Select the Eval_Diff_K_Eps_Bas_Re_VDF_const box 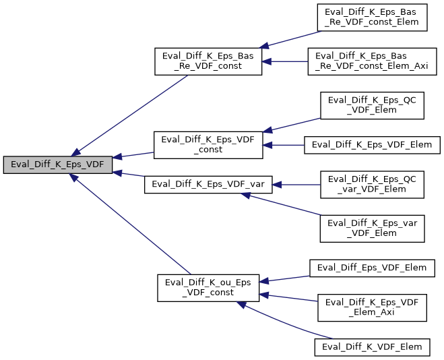click(x=208, y=61)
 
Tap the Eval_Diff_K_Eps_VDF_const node click(x=208, y=145)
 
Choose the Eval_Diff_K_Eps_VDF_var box click(x=208, y=184)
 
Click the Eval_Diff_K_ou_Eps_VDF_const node click(x=208, y=287)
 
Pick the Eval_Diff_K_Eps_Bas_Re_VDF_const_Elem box click(x=372, y=17)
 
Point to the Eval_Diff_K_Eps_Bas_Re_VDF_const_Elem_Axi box click(x=372, y=61)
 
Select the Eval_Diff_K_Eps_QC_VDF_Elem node click(x=372, y=104)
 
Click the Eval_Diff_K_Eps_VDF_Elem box click(x=372, y=144)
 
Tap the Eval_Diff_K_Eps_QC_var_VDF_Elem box click(x=372, y=184)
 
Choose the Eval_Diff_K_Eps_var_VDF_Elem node click(x=372, y=227)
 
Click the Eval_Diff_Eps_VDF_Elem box click(x=372, y=268)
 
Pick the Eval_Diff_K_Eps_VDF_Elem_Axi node click(x=372, y=307)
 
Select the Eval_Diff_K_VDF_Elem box click(x=372, y=347)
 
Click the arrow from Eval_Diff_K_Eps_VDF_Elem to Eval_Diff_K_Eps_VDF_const click(x=283, y=144)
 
